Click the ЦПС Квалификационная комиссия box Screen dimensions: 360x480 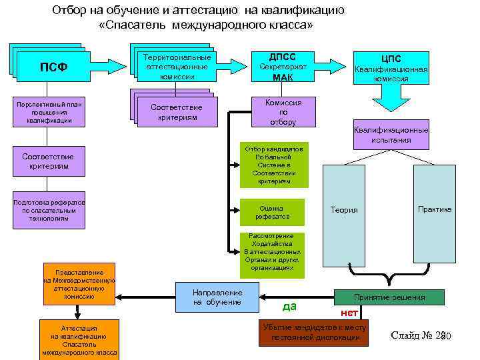pos(391,69)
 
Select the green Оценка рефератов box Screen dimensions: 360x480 pos(271,212)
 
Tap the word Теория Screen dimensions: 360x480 pos(344,210)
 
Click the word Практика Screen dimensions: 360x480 pos(434,209)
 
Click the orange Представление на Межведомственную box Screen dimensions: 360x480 pos(79,284)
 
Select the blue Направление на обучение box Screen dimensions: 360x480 pos(217,297)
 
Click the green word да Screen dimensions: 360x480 pos(289,307)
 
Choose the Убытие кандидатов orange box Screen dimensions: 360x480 pos(314,333)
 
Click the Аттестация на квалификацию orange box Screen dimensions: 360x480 pos(79,339)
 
